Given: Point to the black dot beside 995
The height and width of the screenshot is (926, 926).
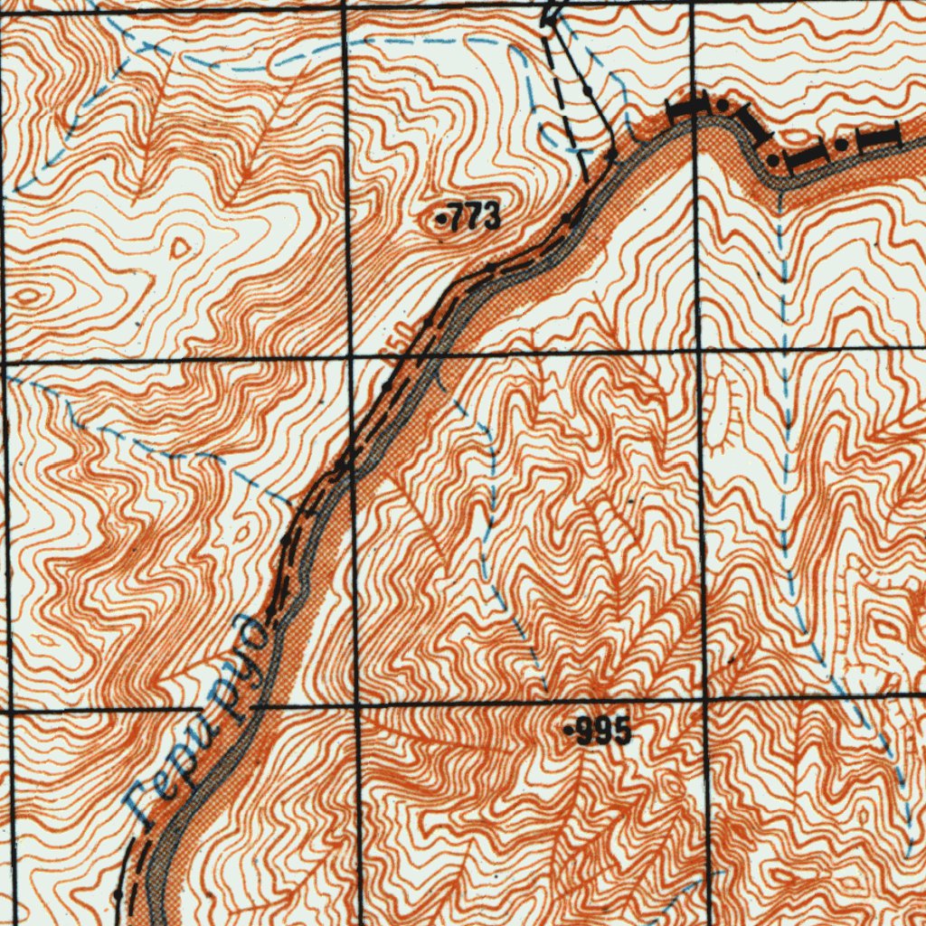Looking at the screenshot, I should pyautogui.click(x=568, y=729).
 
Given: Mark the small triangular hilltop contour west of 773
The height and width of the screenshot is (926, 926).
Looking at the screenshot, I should pyautogui.click(x=182, y=246).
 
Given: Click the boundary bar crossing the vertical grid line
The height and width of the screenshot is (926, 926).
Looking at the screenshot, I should pyautogui.click(x=687, y=109).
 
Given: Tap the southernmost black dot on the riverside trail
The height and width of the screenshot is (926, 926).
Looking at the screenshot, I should pyautogui.click(x=118, y=893).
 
